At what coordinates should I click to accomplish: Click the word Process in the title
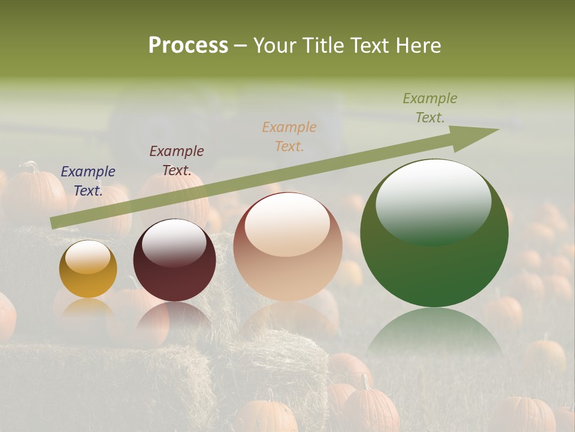pos(188,46)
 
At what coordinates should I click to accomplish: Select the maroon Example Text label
pos(177,161)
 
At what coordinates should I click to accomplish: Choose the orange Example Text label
pos(289,136)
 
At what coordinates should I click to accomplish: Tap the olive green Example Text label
pos(430,107)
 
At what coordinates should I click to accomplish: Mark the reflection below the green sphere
pos(434,330)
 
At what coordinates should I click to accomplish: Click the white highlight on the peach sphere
pos(287,223)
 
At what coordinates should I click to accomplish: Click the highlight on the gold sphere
pos(87,257)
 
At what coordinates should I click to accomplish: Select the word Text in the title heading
pos(367,46)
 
